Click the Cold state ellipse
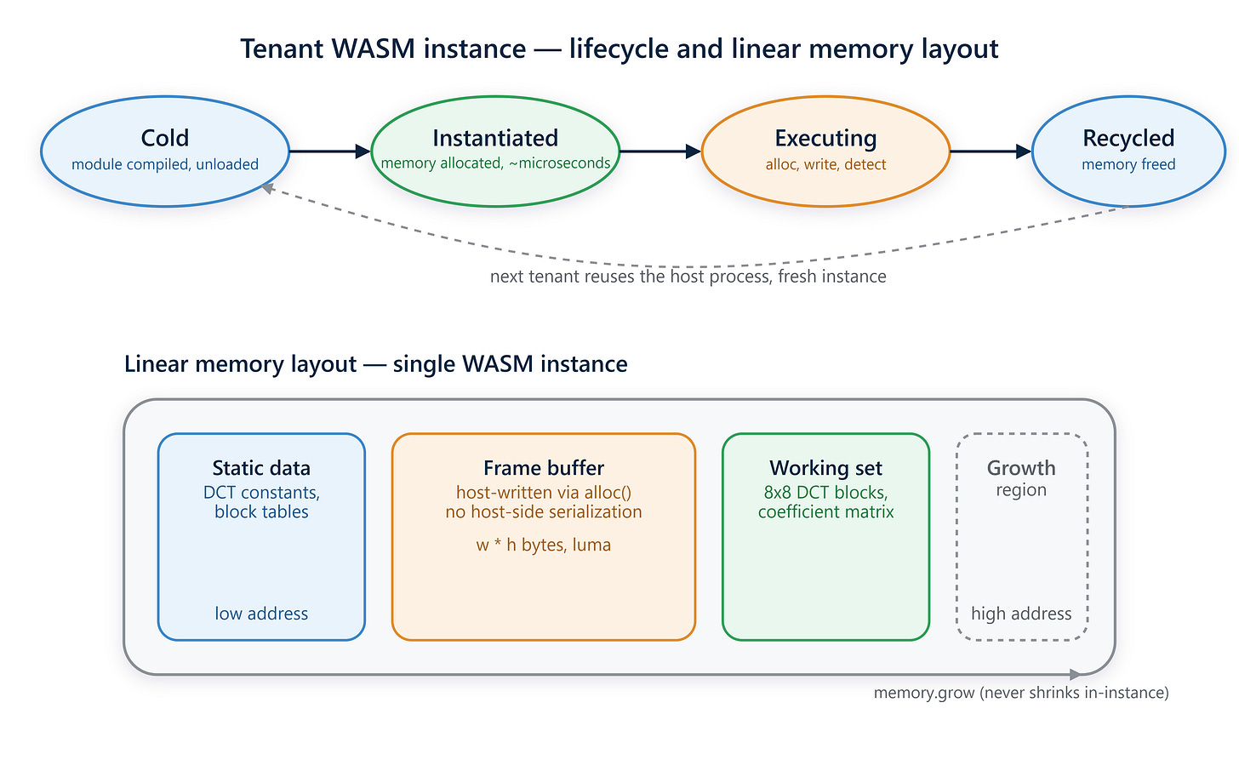click(x=165, y=151)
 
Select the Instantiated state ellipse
click(x=495, y=151)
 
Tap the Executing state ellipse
click(x=825, y=151)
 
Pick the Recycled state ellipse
click(x=1128, y=151)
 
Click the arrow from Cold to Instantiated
click(x=329, y=151)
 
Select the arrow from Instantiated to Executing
click(x=660, y=151)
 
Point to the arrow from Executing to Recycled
click(x=991, y=151)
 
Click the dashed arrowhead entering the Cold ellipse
click(x=268, y=189)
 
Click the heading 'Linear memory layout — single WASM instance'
click(x=375, y=364)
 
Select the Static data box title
click(x=261, y=468)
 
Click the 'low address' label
click(x=261, y=614)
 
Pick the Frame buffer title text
click(x=544, y=468)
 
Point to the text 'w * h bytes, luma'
click(x=544, y=545)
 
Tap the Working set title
click(x=825, y=468)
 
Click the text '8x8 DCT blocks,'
click(x=825, y=492)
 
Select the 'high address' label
click(x=1022, y=614)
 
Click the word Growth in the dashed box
click(x=1022, y=468)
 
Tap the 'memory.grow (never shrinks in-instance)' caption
click(x=1022, y=693)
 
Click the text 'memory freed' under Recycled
click(x=1128, y=164)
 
